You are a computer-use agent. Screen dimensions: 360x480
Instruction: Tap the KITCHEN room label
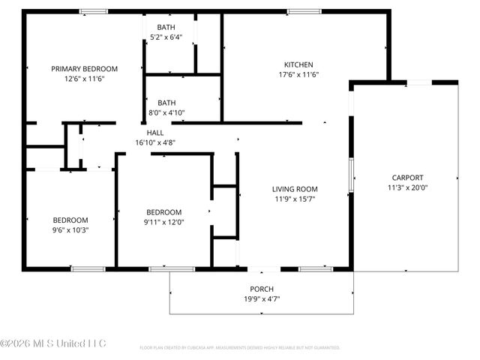pyautogui.click(x=298, y=64)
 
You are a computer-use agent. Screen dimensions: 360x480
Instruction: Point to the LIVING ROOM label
pyautogui.click(x=295, y=189)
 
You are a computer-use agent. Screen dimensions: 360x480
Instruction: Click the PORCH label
pyautogui.click(x=261, y=289)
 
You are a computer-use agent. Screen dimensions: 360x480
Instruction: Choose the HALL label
pyautogui.click(x=155, y=132)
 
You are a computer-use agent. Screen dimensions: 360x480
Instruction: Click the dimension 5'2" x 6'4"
pyautogui.click(x=172, y=37)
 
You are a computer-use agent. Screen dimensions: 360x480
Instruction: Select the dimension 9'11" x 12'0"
pyautogui.click(x=164, y=222)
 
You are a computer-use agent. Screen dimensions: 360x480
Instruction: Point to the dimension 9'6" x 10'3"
pyautogui.click(x=70, y=230)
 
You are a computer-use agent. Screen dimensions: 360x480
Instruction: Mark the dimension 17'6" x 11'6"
pyautogui.click(x=298, y=74)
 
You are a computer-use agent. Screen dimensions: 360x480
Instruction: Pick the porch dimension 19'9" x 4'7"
pyautogui.click(x=261, y=298)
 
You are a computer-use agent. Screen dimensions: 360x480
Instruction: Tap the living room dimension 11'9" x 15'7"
pyautogui.click(x=295, y=199)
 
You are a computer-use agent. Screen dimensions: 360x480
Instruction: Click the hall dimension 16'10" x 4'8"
pyautogui.click(x=155, y=142)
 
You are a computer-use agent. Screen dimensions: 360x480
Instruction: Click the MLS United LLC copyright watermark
pyautogui.click(x=53, y=343)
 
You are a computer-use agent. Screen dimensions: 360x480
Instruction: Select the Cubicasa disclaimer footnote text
pyautogui.click(x=240, y=348)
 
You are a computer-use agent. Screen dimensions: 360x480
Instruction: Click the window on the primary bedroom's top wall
pyautogui.click(x=93, y=11)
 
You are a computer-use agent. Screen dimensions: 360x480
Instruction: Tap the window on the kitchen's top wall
pyautogui.click(x=299, y=11)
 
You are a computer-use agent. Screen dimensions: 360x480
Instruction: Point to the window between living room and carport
pyautogui.click(x=350, y=174)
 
